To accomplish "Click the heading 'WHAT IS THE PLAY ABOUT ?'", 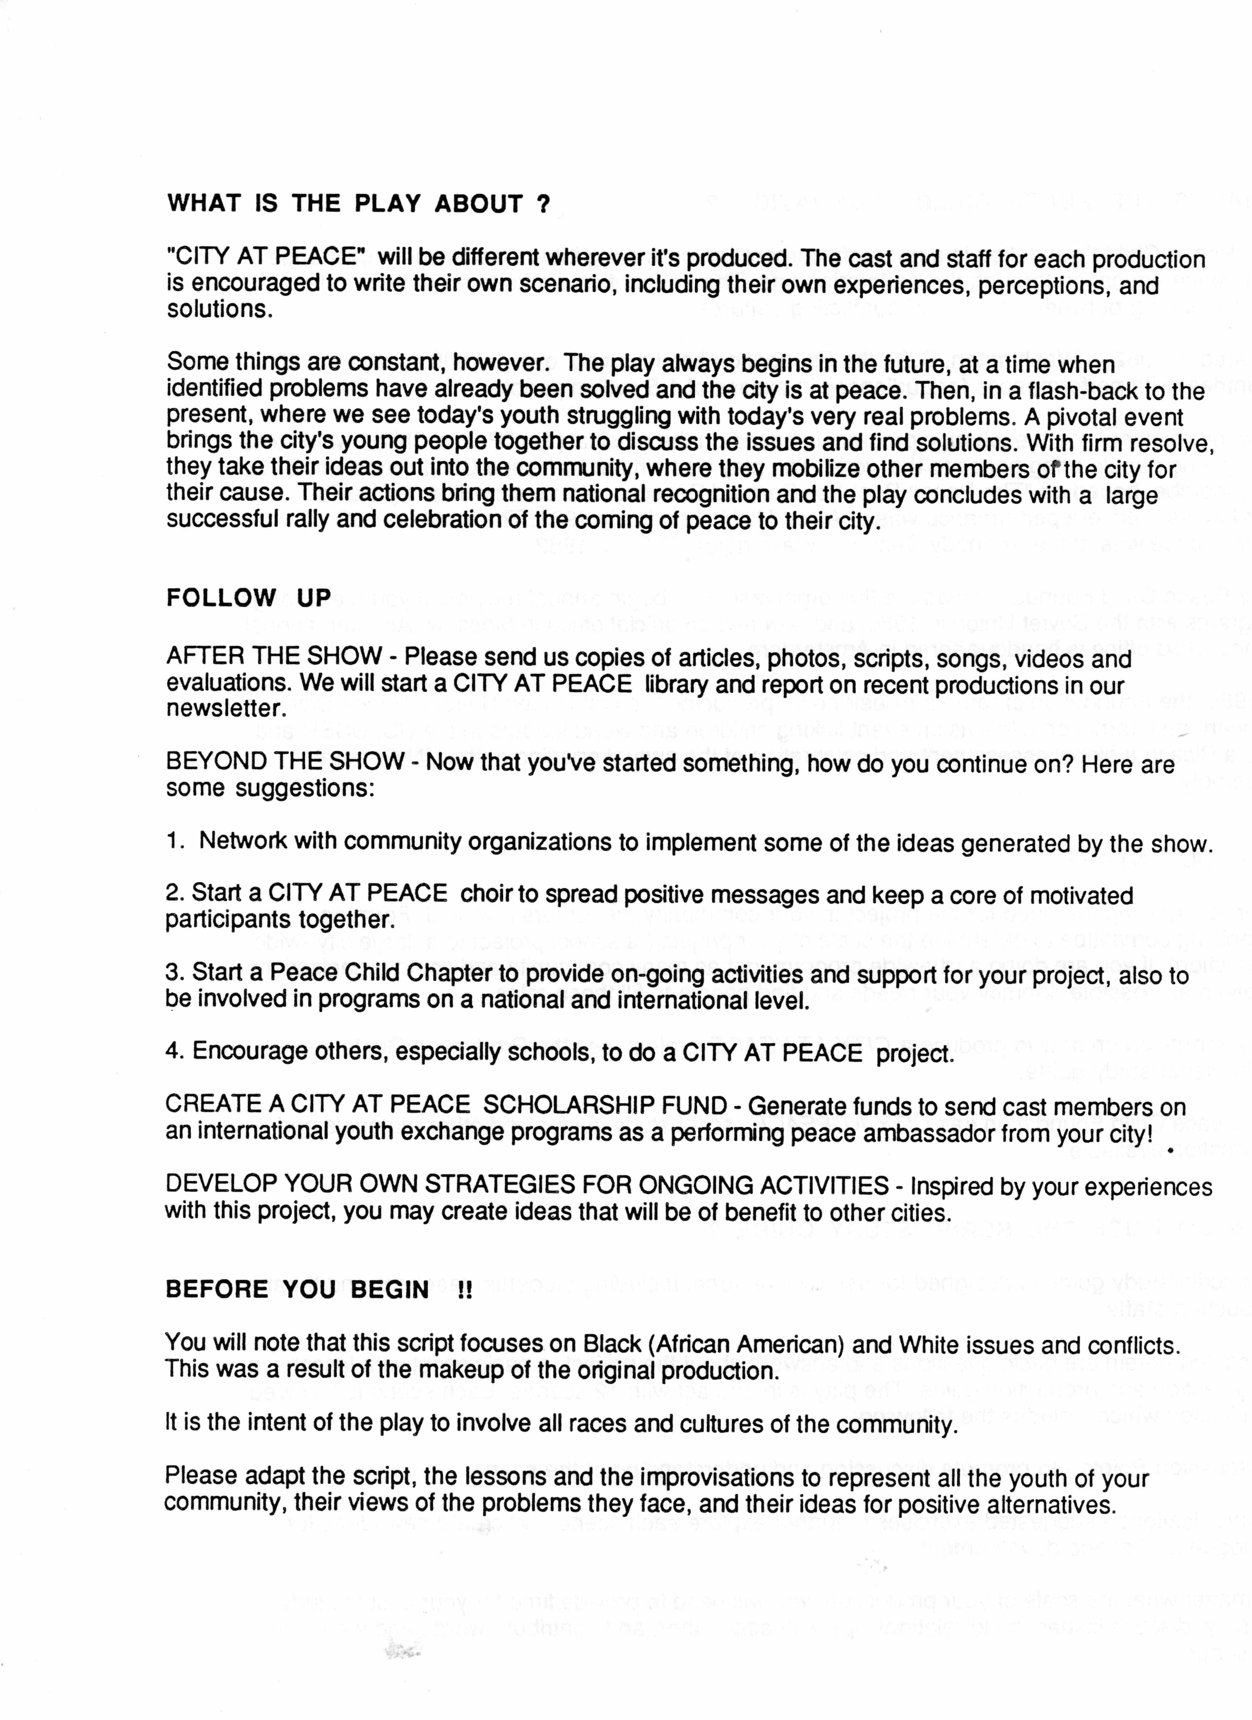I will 358,204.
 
